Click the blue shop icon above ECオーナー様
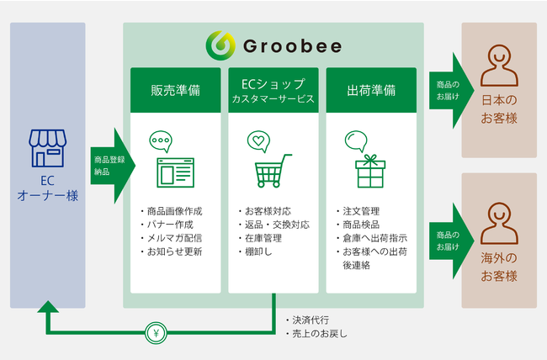pyautogui.click(x=47, y=148)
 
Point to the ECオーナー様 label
pyautogui.click(x=47, y=188)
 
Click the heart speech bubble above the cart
pyautogui.click(x=258, y=140)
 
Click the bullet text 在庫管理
pyautogui.click(x=266, y=237)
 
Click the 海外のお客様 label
pyautogui.click(x=499, y=267)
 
